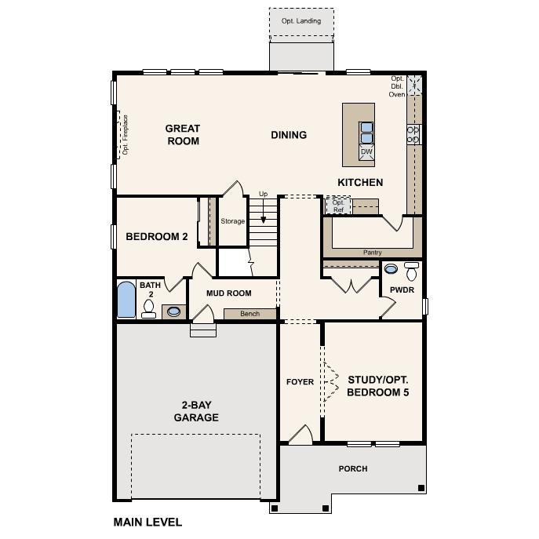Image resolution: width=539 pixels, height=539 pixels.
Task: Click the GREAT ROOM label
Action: [x=182, y=135]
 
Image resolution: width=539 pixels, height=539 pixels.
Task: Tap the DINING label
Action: [x=289, y=135]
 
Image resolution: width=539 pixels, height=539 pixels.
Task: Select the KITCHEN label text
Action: [x=360, y=183]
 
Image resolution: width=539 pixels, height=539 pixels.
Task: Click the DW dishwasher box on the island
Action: [x=366, y=151]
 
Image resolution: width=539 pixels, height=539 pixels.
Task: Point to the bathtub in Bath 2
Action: [x=126, y=300]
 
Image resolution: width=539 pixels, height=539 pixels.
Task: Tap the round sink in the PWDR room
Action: [x=390, y=269]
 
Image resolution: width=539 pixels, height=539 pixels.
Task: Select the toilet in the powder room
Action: [x=411, y=272]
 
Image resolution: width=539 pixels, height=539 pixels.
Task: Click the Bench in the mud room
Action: [x=249, y=314]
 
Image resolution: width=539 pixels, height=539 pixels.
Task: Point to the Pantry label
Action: [x=373, y=253]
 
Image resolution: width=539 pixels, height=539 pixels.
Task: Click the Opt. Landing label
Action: [x=301, y=21]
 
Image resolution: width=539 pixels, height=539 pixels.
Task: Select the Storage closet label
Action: [x=232, y=221]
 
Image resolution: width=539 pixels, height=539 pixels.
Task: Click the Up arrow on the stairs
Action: [x=263, y=217]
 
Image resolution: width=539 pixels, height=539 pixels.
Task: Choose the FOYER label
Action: [x=300, y=382]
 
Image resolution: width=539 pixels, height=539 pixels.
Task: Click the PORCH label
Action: [x=353, y=468]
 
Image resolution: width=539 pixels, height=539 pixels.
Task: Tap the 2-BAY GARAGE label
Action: [x=195, y=412]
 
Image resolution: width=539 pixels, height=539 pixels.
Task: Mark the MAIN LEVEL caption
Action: [x=147, y=522]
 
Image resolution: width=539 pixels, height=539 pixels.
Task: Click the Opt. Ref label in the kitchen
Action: [x=338, y=206]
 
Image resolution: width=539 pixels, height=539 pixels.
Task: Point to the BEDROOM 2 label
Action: [x=157, y=236]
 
